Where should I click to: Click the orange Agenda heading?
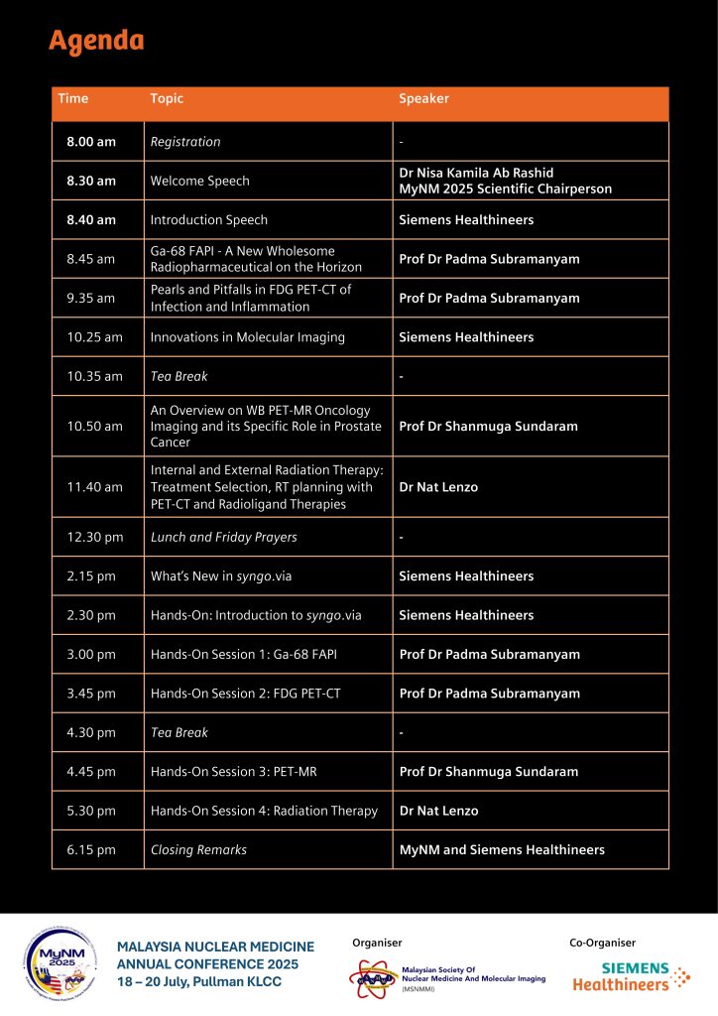coord(96,41)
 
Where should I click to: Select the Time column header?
coord(73,99)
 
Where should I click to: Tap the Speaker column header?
coord(423,99)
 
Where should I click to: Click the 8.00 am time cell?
coord(91,142)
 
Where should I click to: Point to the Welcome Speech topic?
coord(199,181)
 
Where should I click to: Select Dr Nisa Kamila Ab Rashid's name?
coord(476,174)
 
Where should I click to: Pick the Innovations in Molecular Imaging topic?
coord(247,337)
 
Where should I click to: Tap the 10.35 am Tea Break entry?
coord(179,376)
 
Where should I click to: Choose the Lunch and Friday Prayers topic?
coord(223,537)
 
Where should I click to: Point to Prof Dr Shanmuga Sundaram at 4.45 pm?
coord(488,771)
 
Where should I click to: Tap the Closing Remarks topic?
coord(198,849)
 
